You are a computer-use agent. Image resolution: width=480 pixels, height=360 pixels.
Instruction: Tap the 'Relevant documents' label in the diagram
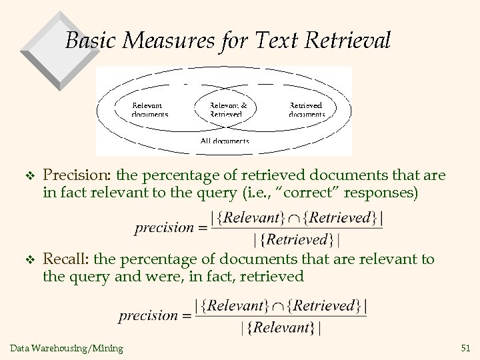149,109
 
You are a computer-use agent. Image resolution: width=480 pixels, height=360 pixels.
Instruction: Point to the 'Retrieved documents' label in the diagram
307,109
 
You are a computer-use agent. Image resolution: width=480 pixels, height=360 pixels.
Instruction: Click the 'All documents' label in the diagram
225,141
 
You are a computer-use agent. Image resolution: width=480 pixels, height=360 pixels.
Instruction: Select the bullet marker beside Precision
27,175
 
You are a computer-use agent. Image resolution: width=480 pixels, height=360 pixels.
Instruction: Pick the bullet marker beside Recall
27,260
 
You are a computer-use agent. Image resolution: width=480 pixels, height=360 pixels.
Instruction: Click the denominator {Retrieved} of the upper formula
296,239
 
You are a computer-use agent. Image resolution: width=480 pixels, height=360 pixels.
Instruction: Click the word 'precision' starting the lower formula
148,315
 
